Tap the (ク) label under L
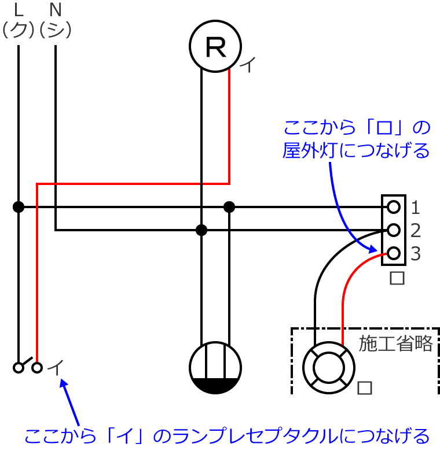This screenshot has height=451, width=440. click(x=19, y=28)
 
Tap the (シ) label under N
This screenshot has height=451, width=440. click(x=56, y=28)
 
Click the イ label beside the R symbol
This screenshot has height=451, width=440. click(x=247, y=65)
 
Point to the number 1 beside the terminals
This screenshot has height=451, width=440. click(x=415, y=206)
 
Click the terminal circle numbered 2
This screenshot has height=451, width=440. click(x=394, y=230)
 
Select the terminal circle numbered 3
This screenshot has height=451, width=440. click(x=394, y=253)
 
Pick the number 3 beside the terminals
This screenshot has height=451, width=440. click(x=415, y=253)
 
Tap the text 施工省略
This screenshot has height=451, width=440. click(x=396, y=344)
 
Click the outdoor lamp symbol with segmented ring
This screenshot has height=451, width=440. click(x=329, y=366)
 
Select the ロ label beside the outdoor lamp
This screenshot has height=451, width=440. click(x=365, y=387)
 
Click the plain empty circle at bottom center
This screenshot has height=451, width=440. click(x=215, y=366)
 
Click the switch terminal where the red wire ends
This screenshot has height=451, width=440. click(x=37, y=367)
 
